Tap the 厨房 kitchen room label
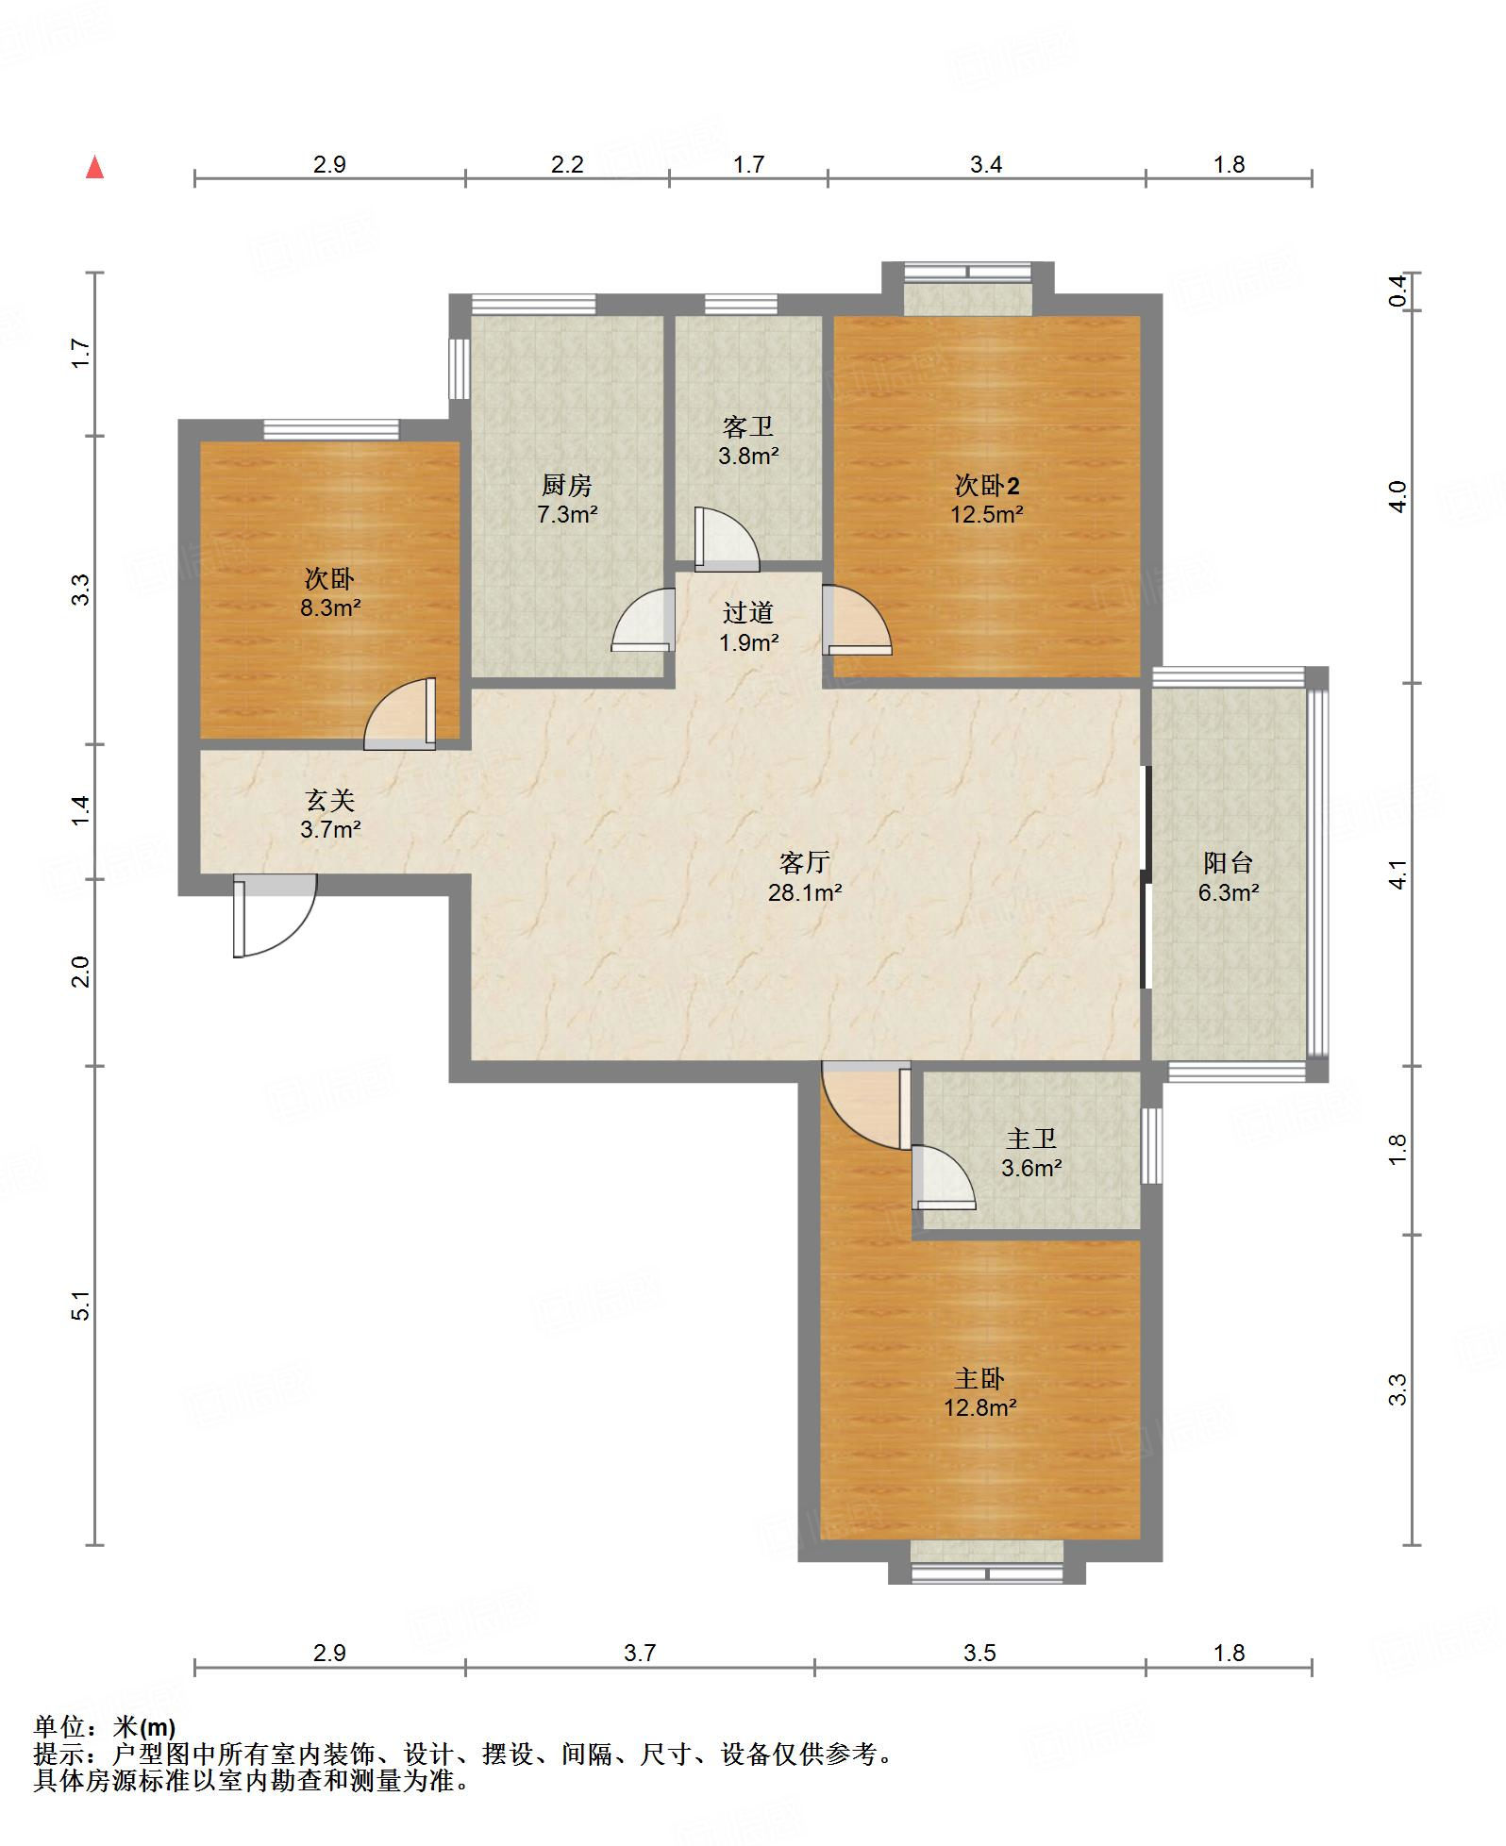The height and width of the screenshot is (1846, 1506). point(567,485)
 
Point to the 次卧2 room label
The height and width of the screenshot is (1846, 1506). point(987,486)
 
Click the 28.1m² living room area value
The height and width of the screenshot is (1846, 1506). point(805,892)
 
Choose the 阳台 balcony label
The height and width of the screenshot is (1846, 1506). point(1229,862)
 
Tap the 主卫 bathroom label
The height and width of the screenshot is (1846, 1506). point(1031,1139)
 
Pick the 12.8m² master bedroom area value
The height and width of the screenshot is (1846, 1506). point(980,1408)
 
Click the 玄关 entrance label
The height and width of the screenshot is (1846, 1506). point(330,801)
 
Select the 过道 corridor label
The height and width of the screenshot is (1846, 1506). point(748,613)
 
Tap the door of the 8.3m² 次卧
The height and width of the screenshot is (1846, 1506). point(401,714)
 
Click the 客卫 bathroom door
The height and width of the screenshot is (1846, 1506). point(727,540)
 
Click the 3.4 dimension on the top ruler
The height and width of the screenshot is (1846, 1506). point(986,165)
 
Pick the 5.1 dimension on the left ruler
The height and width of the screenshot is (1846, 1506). point(81,1305)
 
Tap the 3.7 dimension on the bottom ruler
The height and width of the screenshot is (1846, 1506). point(640,1653)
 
